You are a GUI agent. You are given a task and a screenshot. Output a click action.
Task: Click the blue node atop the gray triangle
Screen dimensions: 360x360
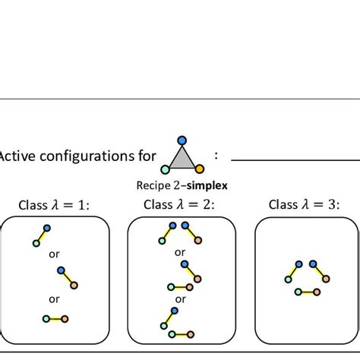pyautogui.click(x=181, y=140)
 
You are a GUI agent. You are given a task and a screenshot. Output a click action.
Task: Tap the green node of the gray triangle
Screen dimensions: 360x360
pyautogui.click(x=165, y=169)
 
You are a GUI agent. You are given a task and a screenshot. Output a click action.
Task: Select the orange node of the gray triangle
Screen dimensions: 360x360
pyautogui.click(x=198, y=169)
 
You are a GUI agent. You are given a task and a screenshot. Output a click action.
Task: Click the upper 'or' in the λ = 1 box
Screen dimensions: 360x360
pyautogui.click(x=54, y=254)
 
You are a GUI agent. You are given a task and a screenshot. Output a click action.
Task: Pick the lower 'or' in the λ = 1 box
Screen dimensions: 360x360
pyautogui.click(x=54, y=298)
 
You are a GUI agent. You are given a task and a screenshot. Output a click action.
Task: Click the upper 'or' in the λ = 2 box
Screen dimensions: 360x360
pyautogui.click(x=180, y=252)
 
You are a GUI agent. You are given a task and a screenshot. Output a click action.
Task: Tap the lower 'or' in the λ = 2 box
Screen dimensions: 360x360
pyautogui.click(x=180, y=298)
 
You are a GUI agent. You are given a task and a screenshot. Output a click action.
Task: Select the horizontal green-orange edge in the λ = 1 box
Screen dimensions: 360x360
pyautogui.click(x=55, y=318)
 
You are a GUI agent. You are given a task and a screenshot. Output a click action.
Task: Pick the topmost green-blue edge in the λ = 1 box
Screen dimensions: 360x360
pyautogui.click(x=41, y=235)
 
